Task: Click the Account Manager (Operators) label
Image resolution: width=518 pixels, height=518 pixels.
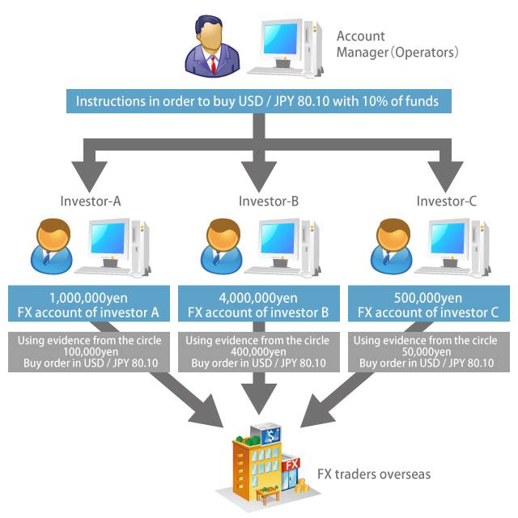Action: [x=397, y=45]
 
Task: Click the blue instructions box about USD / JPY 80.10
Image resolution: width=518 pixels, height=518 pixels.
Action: [x=257, y=101]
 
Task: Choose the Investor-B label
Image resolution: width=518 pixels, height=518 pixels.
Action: [x=269, y=201]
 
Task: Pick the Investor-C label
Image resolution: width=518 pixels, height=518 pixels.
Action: [x=447, y=201]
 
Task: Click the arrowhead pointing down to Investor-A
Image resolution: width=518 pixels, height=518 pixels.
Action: [x=91, y=172]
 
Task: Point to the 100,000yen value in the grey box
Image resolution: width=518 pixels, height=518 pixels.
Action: [x=91, y=352]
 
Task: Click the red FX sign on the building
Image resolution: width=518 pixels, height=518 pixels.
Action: [x=292, y=464]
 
